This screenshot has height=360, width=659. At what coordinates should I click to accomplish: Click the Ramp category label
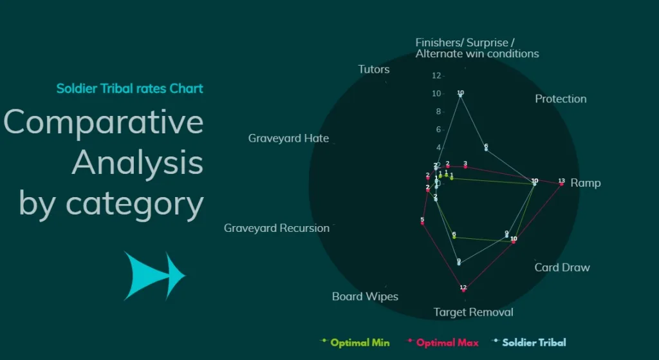[x=585, y=183]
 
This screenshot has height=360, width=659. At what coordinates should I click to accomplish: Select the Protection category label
[x=561, y=99]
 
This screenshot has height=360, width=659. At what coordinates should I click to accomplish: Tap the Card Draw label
[x=562, y=267]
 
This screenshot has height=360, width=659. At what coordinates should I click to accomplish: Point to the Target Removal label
[x=473, y=312]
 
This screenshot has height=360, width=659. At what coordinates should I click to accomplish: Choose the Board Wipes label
[x=365, y=297]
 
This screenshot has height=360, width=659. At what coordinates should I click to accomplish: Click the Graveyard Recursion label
[x=276, y=228]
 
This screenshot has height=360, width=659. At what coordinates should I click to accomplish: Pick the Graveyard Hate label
[x=288, y=138]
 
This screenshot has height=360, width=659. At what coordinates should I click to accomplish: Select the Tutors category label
[x=373, y=70]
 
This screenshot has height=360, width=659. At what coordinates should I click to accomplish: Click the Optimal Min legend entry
[x=359, y=343]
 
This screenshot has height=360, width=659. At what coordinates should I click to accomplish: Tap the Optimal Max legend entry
[x=447, y=343]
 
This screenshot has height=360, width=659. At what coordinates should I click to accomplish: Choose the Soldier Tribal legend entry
[x=534, y=343]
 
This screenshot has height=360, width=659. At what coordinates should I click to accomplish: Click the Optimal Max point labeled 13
[x=561, y=184]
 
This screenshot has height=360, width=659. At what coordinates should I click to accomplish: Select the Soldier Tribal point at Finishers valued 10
[x=460, y=95]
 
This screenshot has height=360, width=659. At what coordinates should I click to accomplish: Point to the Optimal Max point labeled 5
[x=422, y=223]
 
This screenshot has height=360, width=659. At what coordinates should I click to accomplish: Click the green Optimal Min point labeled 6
[x=454, y=237]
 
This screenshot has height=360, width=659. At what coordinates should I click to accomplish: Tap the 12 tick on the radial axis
[x=437, y=76]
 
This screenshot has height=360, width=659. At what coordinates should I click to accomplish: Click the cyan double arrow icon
[x=154, y=276]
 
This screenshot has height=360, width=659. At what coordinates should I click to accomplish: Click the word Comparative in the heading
[x=103, y=122]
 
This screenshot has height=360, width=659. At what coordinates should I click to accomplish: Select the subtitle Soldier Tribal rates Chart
[x=129, y=88]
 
